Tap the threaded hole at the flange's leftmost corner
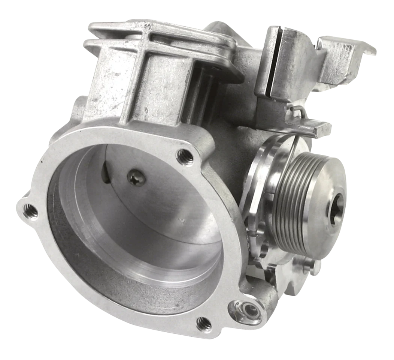coord(30,211)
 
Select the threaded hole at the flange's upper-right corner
coord(185,157)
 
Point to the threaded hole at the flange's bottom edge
coord(204,324)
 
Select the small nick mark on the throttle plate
coord(182,220)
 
